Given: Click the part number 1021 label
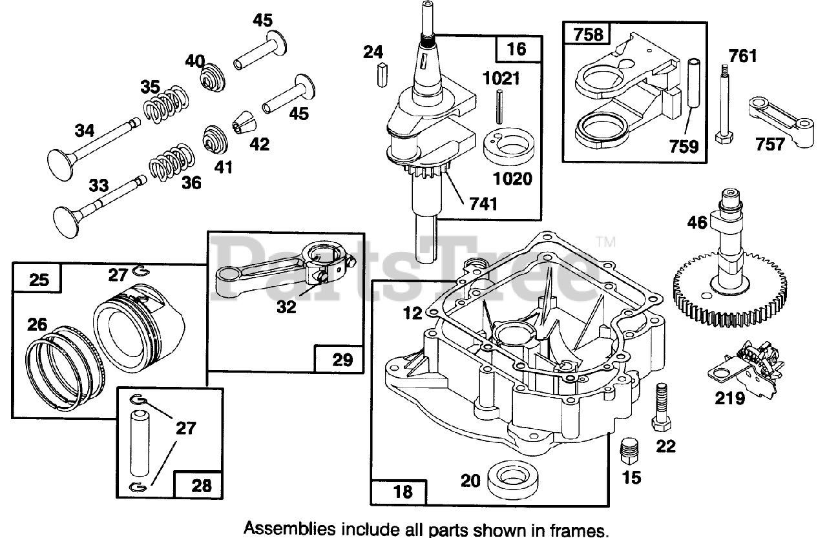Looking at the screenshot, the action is (x=501, y=79).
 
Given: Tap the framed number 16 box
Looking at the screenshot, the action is (x=518, y=49).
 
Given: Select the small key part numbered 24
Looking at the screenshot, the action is (x=382, y=75).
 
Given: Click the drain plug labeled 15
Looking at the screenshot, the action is (x=630, y=451).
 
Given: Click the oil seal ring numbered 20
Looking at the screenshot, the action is (x=513, y=480).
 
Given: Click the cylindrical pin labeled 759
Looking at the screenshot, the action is (x=694, y=82).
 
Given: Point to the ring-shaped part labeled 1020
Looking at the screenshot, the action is (x=508, y=147).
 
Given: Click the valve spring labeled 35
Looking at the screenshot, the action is (x=165, y=105).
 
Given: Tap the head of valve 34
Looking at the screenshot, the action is (x=60, y=165).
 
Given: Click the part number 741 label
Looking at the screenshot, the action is (x=483, y=204).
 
